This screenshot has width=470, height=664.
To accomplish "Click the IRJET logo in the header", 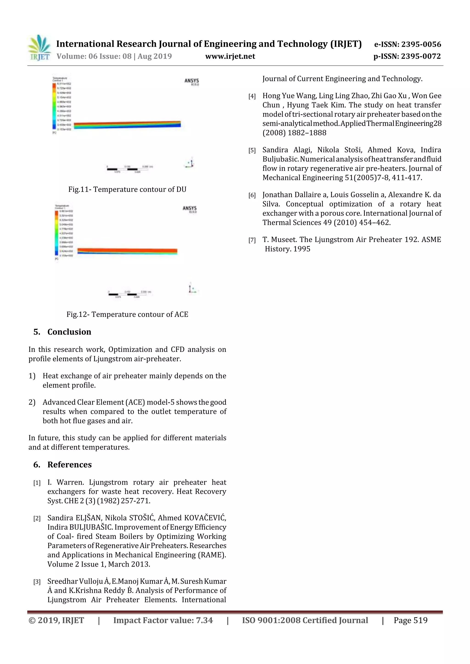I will pos(39,48).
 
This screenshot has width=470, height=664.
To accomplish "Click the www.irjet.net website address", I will pos(230,56).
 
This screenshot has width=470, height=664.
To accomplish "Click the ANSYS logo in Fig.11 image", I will pos(191,81).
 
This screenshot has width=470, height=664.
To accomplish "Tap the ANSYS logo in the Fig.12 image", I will pos(190,209).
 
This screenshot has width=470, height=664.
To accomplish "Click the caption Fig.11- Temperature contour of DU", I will pos(127,189).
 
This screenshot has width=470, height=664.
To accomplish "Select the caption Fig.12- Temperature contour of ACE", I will pos(127,314).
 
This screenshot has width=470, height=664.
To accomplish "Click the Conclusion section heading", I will pos(69,332).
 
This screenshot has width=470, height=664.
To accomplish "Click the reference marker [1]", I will pos(37,483).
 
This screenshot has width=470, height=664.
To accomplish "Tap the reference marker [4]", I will pos(252,96).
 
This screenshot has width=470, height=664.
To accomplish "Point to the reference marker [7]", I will pos(252,240).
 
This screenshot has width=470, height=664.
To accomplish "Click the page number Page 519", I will pos(410,620).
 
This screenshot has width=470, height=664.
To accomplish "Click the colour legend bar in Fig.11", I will pos(54,106).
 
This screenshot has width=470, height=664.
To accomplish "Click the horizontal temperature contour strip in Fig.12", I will pos(127,251).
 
